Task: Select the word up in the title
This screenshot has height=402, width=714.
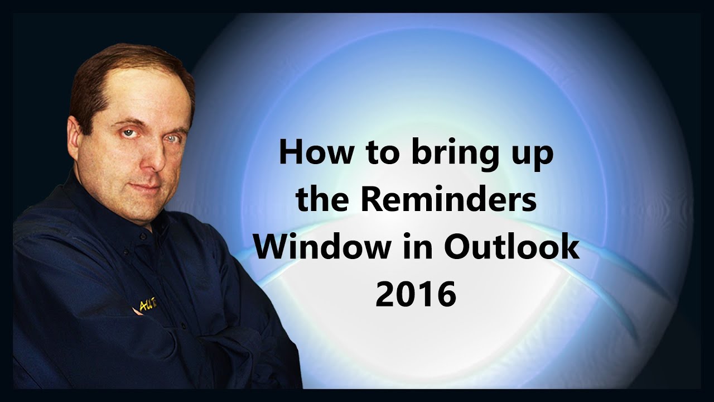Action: (x=530, y=155)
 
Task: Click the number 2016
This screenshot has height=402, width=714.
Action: (x=416, y=294)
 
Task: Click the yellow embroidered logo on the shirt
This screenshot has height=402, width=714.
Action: (x=146, y=304)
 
